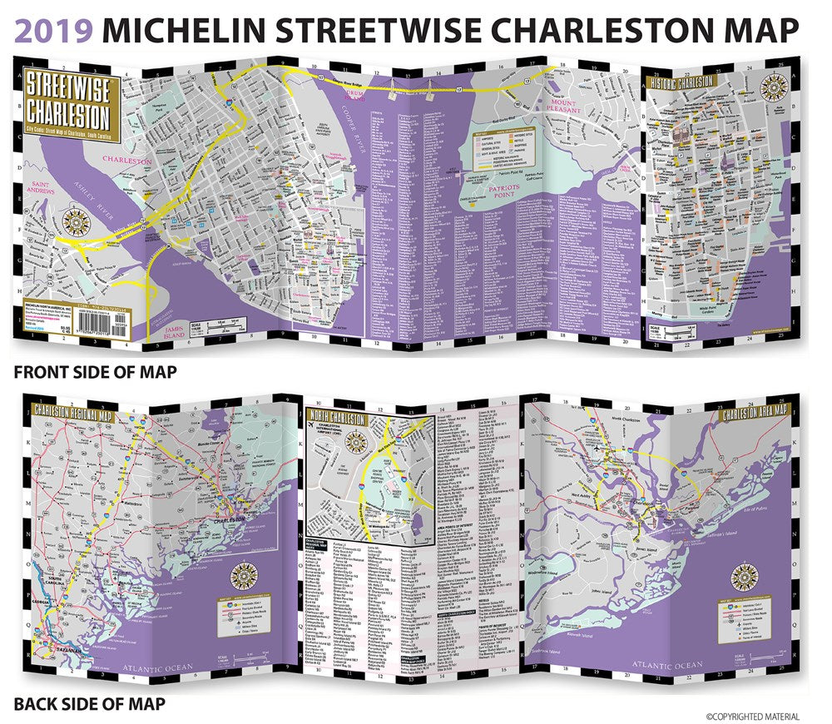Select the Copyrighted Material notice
pos(753,717)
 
